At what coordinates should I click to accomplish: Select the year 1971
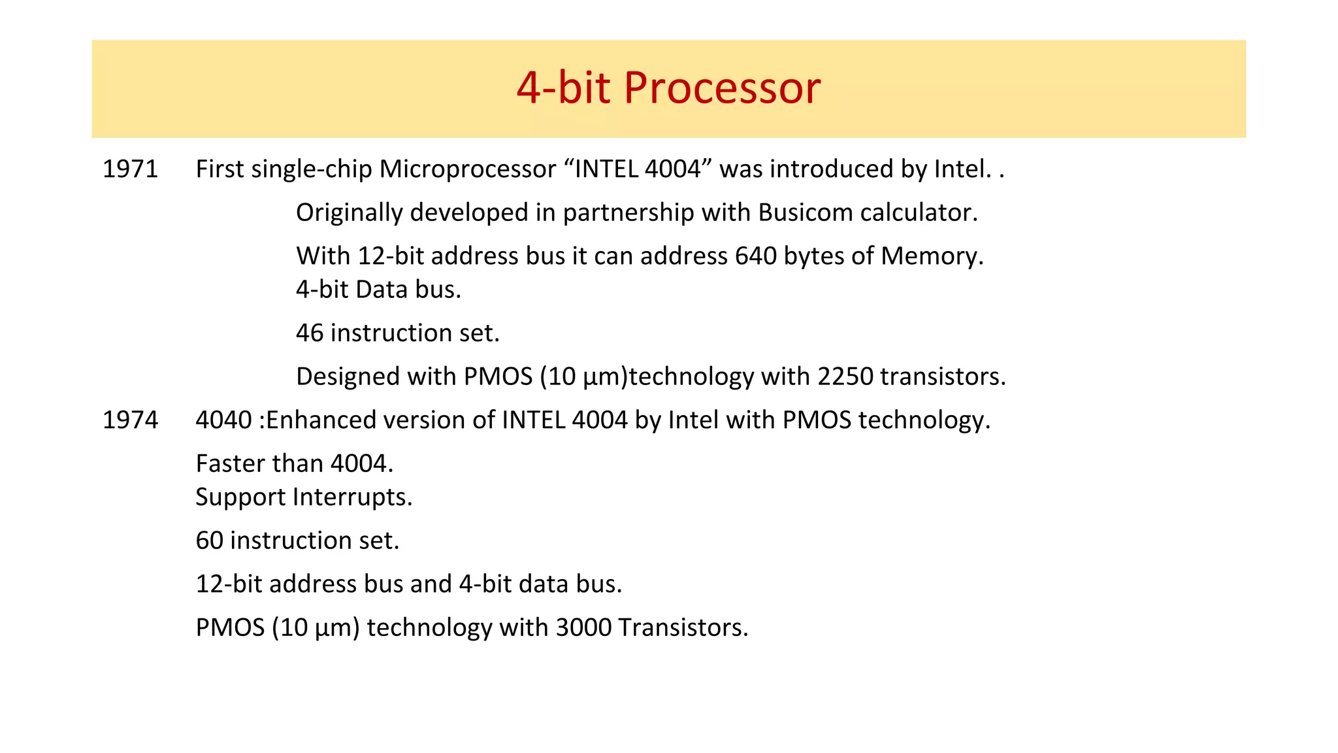pos(130,169)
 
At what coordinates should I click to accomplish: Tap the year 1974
pos(130,420)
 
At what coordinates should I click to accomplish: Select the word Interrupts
pos(353,497)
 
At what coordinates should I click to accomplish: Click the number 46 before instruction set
pos(310,333)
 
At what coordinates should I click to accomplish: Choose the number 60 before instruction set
pos(209,541)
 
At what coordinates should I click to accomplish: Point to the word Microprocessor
pos(467,169)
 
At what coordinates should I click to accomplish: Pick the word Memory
pos(932,256)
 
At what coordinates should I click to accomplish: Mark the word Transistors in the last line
pos(683,627)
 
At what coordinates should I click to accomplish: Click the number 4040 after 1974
pos(223,420)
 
